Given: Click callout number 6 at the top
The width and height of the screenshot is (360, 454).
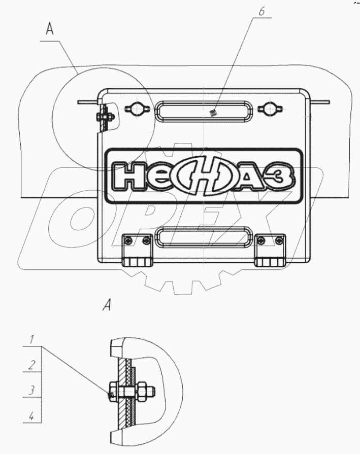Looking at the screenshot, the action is (261, 12).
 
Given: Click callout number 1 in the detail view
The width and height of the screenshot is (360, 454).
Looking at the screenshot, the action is (32, 339).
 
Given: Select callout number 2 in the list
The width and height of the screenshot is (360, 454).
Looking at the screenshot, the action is (32, 365).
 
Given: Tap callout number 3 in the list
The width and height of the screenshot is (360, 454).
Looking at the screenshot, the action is (32, 390).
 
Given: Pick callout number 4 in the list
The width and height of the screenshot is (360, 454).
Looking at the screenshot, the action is (31, 416).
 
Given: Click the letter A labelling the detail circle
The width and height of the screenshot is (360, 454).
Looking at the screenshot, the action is (50, 29).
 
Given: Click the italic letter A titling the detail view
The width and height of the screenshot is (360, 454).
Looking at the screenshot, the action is (107, 305).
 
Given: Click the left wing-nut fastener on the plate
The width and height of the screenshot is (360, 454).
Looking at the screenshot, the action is (136, 109).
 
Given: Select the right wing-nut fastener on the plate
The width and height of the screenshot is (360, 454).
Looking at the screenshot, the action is (269, 109).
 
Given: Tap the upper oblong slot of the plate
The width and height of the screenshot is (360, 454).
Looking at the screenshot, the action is (204, 112).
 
